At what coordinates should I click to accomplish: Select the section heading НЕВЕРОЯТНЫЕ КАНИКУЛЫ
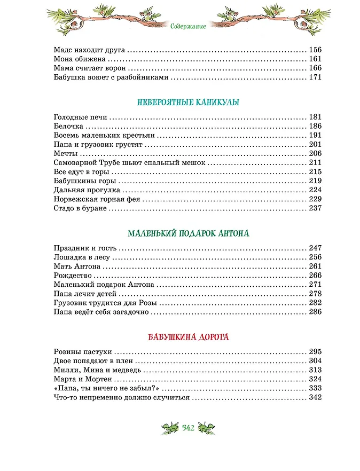pyautogui.click(x=180, y=102)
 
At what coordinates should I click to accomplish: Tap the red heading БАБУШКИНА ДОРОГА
pyautogui.click(x=180, y=337)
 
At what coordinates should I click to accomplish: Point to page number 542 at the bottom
pyautogui.click(x=188, y=427)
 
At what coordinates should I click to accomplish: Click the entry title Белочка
pyautogui.click(x=69, y=127)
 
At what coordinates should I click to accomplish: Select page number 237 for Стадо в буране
pyautogui.click(x=315, y=208)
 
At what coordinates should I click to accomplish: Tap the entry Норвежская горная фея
pyautogui.click(x=97, y=199)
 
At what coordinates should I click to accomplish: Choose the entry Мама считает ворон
pyautogui.click(x=90, y=68)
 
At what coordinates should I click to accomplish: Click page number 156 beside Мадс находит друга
pyautogui.click(x=315, y=50)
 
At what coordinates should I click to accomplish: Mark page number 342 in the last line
pyautogui.click(x=315, y=398)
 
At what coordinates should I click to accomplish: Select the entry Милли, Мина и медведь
pyautogui.click(x=98, y=370)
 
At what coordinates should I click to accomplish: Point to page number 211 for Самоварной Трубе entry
pyautogui.click(x=315, y=163)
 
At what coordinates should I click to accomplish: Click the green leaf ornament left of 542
pyautogui.click(x=170, y=427)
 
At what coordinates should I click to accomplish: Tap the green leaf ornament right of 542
pyautogui.click(x=206, y=427)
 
